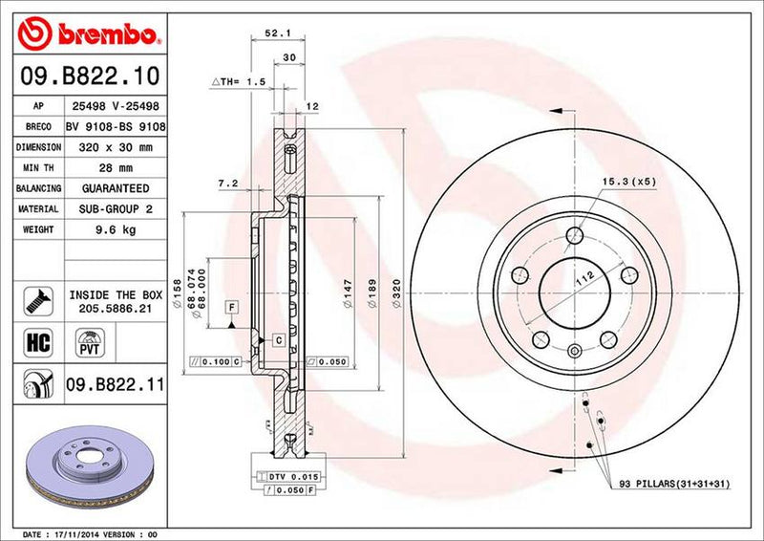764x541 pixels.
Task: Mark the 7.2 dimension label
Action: tap(227, 182)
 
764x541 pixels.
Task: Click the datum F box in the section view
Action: tap(231, 306)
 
